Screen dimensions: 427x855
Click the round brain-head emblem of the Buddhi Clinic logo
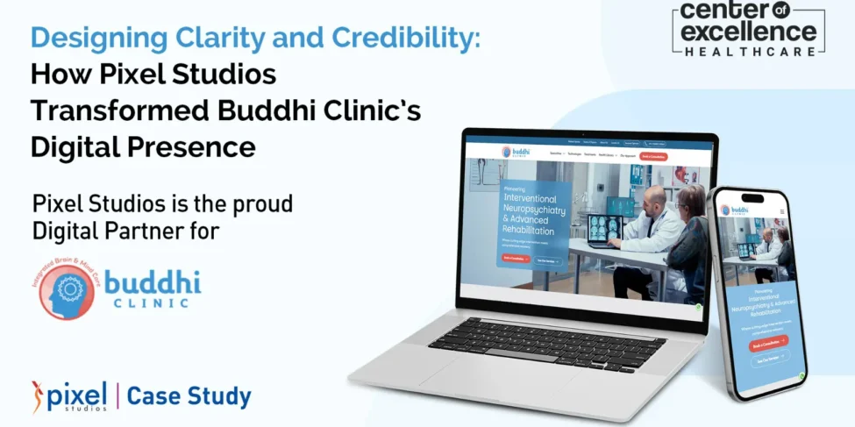65,288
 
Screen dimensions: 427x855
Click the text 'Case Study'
189,396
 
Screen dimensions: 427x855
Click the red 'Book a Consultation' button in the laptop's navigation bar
653,156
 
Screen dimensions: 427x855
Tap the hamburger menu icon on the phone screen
781,211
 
